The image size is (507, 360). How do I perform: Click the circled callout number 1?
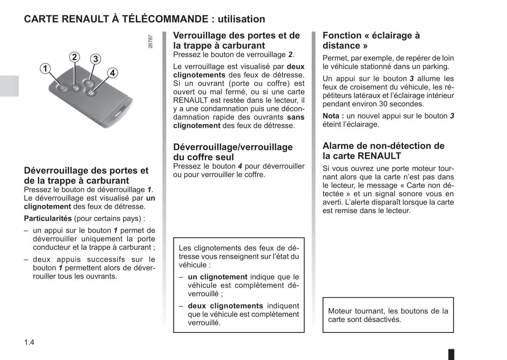(45, 68)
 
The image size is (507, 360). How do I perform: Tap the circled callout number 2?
(74, 57)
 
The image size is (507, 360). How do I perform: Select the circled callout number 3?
(95, 59)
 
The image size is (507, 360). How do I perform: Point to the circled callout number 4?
(112, 73)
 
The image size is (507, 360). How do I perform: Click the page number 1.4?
(29, 342)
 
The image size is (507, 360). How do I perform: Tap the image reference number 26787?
(151, 41)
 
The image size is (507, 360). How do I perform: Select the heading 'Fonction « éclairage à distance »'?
(371, 40)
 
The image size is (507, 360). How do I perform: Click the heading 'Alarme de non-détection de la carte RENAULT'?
(383, 151)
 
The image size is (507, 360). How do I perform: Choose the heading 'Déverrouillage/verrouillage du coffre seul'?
(233, 152)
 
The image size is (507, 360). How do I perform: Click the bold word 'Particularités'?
(48, 219)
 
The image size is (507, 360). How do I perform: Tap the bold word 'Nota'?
(331, 116)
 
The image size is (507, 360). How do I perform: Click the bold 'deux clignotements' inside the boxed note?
(225, 306)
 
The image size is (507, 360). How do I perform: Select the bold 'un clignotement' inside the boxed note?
(218, 277)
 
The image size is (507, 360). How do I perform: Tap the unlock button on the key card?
(62, 88)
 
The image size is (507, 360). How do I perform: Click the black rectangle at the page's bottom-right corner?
(451, 354)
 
